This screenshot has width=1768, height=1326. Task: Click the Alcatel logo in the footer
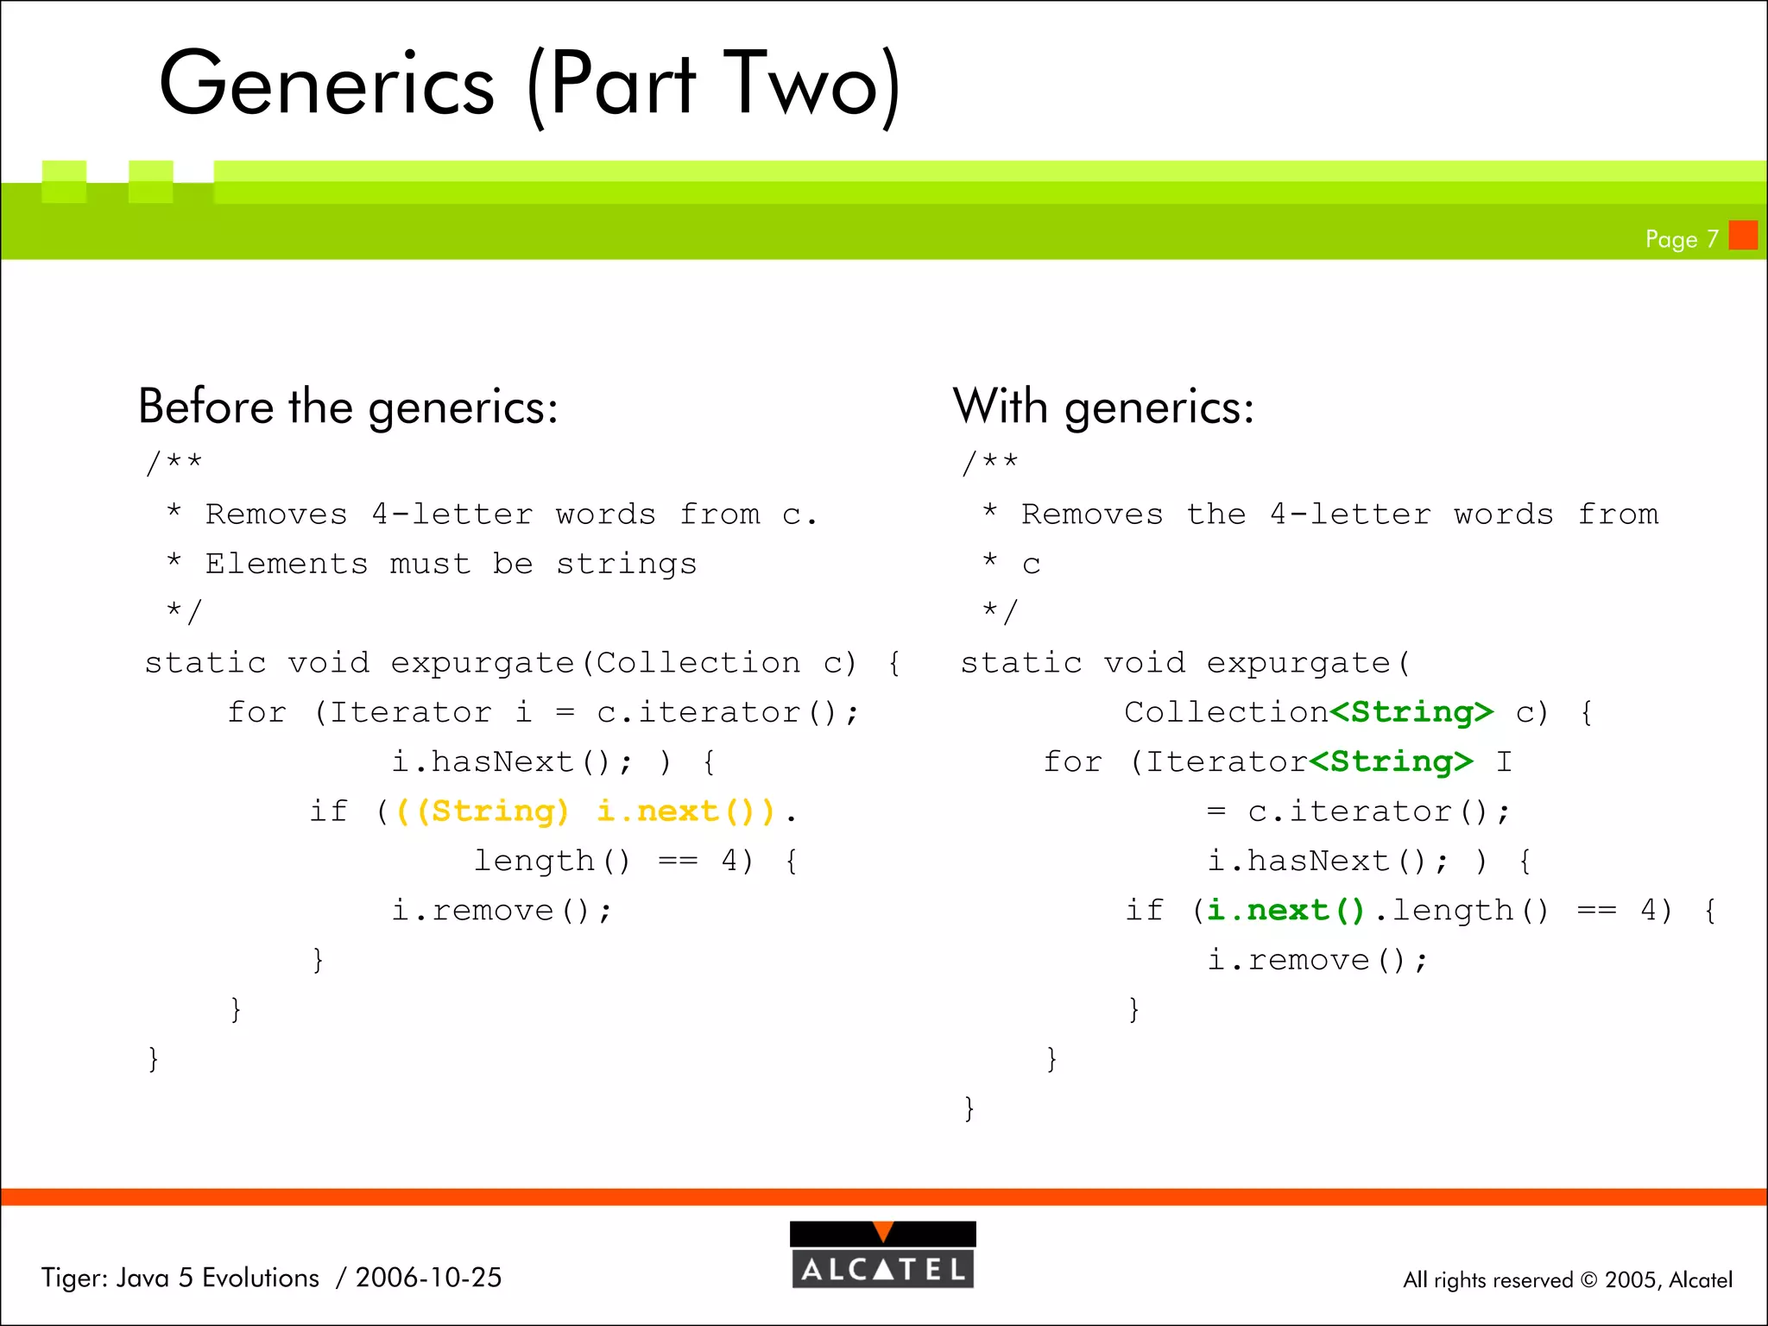click(x=882, y=1255)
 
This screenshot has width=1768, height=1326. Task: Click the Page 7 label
click(x=1681, y=239)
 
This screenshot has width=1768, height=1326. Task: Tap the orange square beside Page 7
click(x=1743, y=235)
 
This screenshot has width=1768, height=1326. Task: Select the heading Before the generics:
click(x=348, y=407)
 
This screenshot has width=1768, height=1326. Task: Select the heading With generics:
click(x=1102, y=407)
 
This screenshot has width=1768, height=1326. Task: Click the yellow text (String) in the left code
click(x=491, y=811)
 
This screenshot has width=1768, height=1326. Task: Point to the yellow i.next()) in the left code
click(x=686, y=811)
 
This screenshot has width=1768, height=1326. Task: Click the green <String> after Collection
click(x=1411, y=712)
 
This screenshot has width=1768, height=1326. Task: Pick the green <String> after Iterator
click(x=1390, y=761)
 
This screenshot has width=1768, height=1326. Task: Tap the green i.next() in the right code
click(x=1285, y=910)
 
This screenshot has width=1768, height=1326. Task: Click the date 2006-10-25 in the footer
click(x=428, y=1278)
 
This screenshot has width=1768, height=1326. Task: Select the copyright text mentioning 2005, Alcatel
click(x=1567, y=1279)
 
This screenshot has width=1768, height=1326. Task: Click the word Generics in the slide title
click(x=327, y=84)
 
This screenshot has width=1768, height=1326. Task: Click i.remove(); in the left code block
click(x=502, y=910)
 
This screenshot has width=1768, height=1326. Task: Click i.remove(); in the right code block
click(x=1317, y=960)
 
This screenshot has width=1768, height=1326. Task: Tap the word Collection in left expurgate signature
click(x=698, y=663)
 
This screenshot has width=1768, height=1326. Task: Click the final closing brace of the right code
click(x=969, y=1108)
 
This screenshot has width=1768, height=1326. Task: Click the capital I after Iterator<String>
click(x=1503, y=761)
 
